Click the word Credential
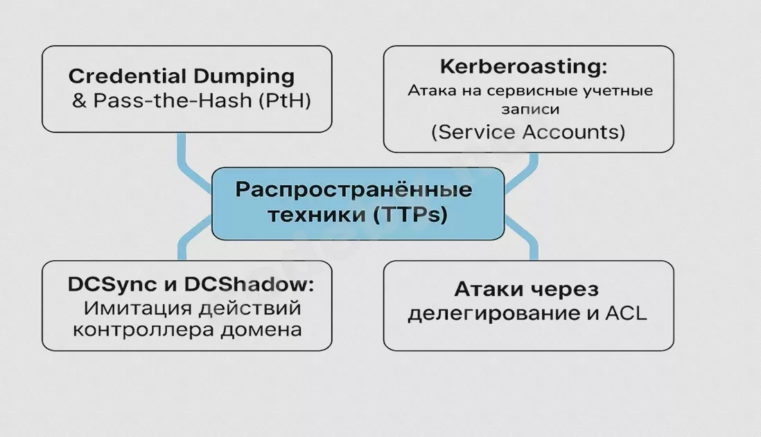[x=127, y=76]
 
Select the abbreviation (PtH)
[x=284, y=101]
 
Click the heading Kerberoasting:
[x=524, y=67]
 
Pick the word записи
[x=530, y=110]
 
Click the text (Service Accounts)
[x=528, y=132]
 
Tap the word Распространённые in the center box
[x=353, y=189]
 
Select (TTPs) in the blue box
[x=410, y=214]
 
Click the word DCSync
[x=112, y=284]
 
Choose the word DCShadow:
[x=249, y=284]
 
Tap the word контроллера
[x=143, y=330]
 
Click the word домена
[x=261, y=329]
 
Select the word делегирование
[x=494, y=314]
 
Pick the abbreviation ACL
[x=626, y=314]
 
